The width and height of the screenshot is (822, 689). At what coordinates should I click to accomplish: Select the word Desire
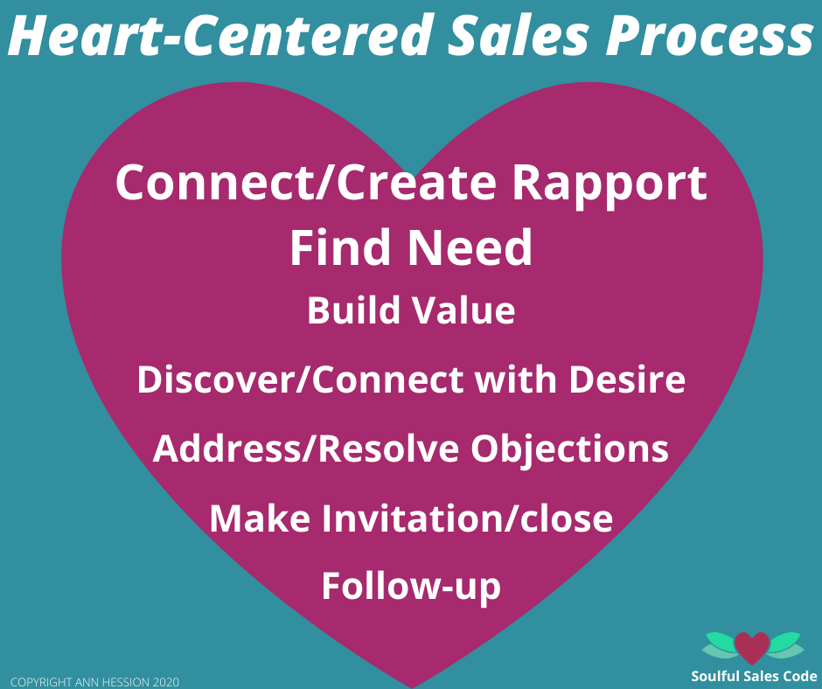(628, 379)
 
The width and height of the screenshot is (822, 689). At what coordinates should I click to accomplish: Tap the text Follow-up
(411, 588)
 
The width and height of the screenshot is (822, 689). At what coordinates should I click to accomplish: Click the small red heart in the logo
(752, 647)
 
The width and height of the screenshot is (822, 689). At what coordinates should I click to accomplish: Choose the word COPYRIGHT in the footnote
(41, 682)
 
